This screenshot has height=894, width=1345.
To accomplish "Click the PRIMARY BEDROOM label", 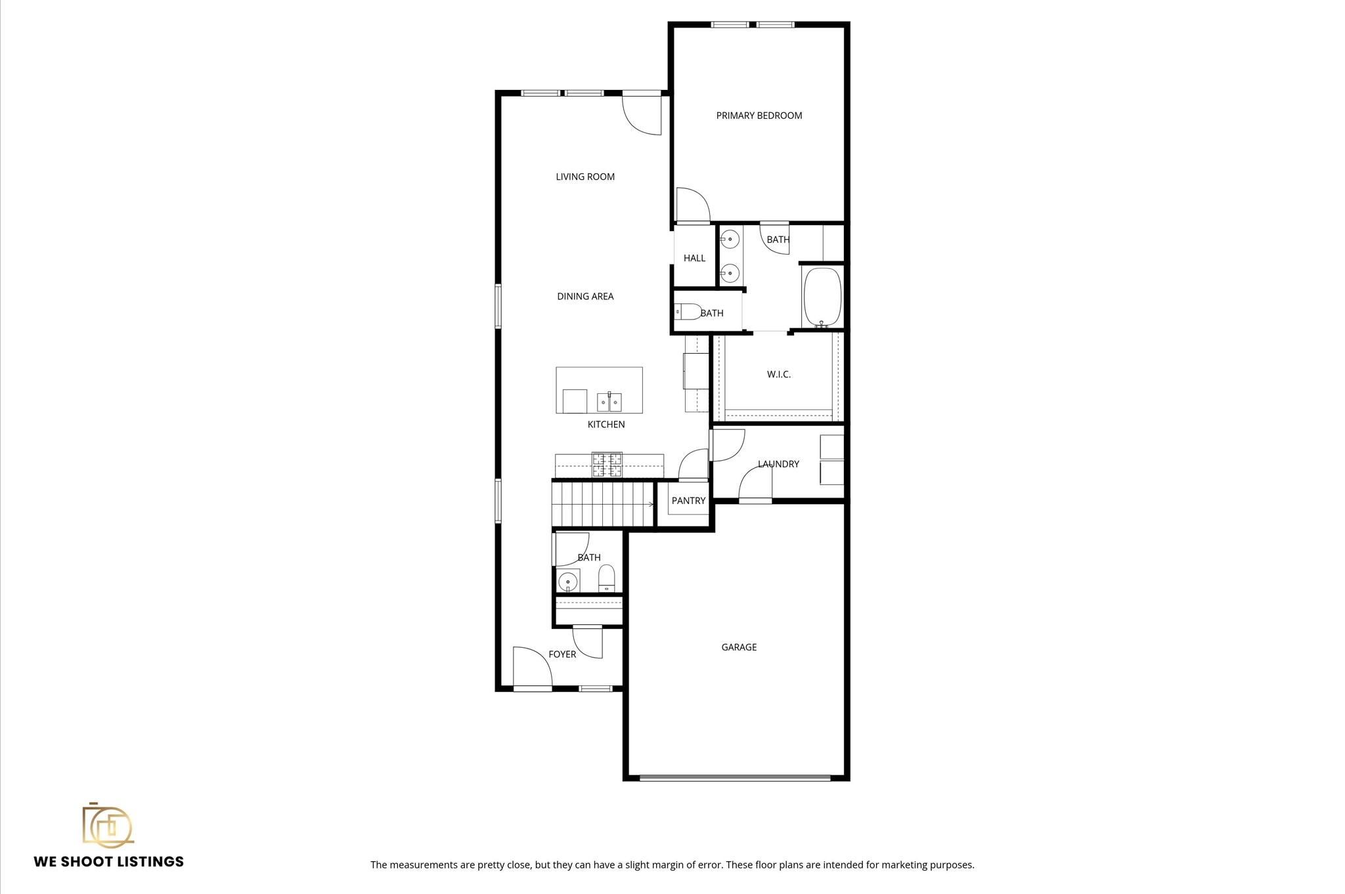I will point(759,116).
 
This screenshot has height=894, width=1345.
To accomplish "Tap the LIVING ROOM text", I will point(585,177).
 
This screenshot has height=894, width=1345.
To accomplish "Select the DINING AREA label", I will point(585,297).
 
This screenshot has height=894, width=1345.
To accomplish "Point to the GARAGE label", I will point(739,647).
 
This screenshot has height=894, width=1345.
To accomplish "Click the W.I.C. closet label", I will point(779,375).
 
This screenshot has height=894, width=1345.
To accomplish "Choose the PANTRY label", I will point(688,501).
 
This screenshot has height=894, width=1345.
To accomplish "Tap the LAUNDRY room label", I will point(778,464).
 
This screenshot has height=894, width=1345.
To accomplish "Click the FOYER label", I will point(562,654).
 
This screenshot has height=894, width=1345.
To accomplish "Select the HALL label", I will point(694,258).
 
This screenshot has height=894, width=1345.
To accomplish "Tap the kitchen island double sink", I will point(609,401).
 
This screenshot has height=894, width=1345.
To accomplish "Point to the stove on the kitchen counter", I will point(607,464).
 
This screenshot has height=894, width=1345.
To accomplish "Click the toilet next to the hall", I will point(687,311).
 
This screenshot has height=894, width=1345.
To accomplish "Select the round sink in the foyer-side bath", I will point(567,582).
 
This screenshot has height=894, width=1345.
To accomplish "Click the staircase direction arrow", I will point(650,504).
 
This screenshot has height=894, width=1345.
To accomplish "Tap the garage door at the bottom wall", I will point(735,778).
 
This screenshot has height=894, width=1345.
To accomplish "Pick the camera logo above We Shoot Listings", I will point(107,825).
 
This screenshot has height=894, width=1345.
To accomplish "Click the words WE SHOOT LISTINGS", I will point(109,862).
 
